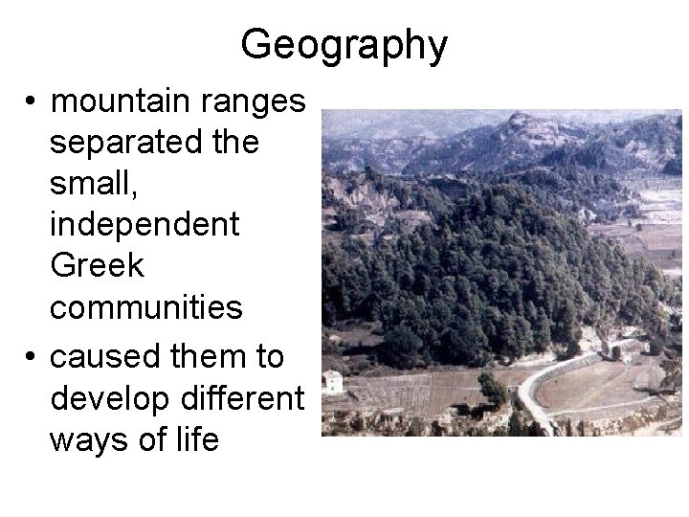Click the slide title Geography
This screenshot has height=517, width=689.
pos(344,45)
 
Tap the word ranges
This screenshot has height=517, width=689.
pos(262,100)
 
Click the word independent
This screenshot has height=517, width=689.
pos(144,226)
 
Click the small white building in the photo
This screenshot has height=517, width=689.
pos(333,382)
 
